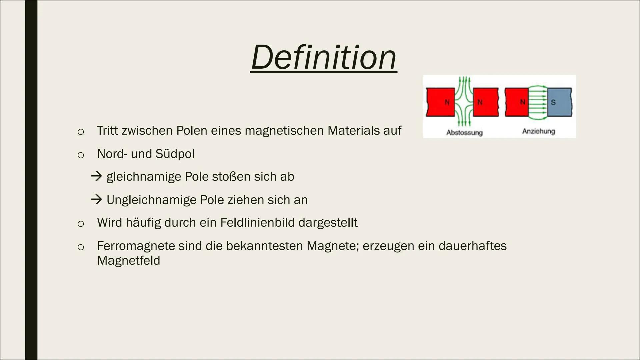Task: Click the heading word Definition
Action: (324, 57)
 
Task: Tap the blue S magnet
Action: (559, 102)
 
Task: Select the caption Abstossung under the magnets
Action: (464, 133)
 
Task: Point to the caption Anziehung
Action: (539, 131)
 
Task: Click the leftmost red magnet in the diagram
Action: (440, 102)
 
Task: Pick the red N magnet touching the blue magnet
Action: (517, 102)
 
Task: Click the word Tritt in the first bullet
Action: (107, 130)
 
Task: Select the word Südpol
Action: (175, 154)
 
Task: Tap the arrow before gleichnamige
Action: (97, 176)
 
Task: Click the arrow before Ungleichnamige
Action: (97, 199)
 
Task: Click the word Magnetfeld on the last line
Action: (129, 260)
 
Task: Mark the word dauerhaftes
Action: (472, 246)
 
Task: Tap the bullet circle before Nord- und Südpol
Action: (80, 155)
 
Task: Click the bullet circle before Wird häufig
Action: (80, 224)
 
